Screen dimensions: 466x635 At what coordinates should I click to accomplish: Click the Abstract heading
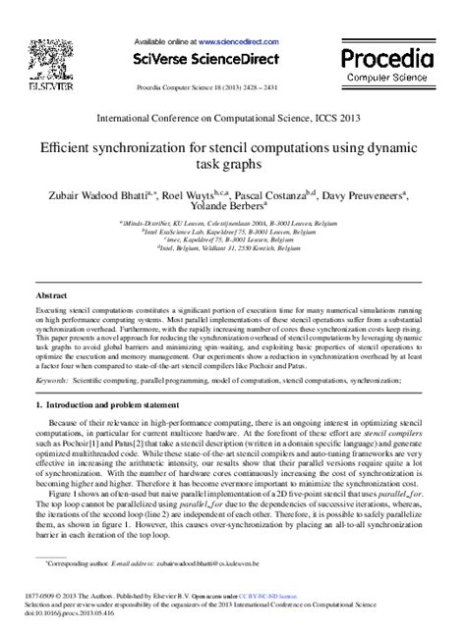51,295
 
